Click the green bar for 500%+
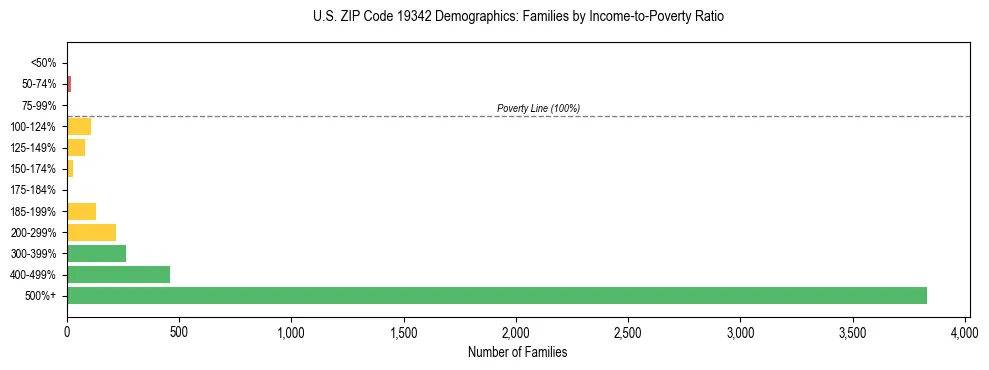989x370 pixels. [x=496, y=295]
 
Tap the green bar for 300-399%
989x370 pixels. [x=96, y=253]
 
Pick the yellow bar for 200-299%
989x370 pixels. [x=91, y=232]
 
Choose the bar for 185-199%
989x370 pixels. [x=81, y=211]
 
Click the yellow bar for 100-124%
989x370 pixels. [x=79, y=126]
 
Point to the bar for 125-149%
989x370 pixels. [x=76, y=147]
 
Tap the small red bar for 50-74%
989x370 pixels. [x=69, y=84]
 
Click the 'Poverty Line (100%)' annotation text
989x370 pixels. [x=538, y=108]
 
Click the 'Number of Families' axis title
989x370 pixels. [x=517, y=352]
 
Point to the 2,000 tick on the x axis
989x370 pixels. [x=516, y=331]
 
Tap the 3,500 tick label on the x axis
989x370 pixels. [x=853, y=331]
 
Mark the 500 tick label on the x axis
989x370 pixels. [x=179, y=331]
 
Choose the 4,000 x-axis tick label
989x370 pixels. [x=965, y=331]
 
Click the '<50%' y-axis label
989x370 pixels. [x=43, y=63]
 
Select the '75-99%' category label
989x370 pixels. [x=38, y=105]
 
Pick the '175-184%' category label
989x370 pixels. [x=35, y=190]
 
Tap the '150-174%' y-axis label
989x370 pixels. [x=35, y=169]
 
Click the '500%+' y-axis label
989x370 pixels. [x=40, y=296]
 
